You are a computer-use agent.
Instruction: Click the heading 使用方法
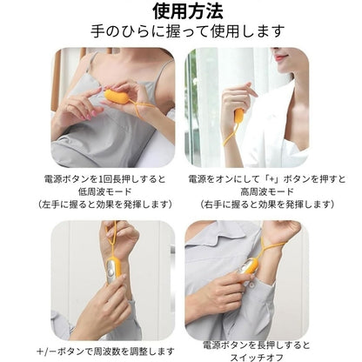(188, 11)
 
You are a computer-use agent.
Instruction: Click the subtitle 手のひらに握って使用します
(188, 31)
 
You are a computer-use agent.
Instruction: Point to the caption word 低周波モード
(104, 191)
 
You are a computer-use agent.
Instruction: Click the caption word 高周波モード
(267, 191)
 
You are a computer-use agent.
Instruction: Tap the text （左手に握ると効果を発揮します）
(104, 204)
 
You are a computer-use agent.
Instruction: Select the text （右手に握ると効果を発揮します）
(267, 204)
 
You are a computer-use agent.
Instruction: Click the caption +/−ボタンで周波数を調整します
(105, 352)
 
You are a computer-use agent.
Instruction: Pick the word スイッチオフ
(257, 357)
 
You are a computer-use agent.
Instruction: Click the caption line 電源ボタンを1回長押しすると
(104, 179)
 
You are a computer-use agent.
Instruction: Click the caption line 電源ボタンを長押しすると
(257, 345)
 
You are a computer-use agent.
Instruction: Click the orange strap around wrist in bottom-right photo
(272, 247)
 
